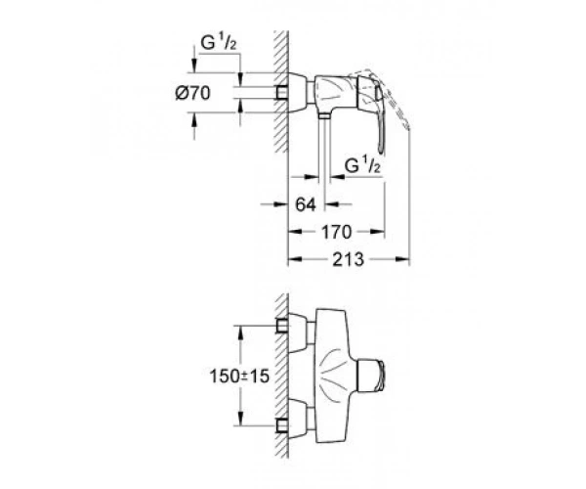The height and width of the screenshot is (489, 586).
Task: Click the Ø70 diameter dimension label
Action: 192,93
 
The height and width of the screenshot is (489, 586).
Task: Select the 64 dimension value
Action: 306,204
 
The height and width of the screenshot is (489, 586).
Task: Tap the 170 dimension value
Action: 337,232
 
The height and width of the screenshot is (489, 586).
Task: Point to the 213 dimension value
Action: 349,259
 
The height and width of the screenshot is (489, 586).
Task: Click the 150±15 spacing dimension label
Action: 239,376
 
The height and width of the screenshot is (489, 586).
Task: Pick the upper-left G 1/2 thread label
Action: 219,43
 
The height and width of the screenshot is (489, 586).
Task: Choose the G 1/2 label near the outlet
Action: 362,165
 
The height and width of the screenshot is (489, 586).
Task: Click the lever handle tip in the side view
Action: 381,150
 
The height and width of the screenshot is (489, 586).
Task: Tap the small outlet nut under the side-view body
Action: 324,116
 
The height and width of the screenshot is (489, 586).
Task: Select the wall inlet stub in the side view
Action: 282,93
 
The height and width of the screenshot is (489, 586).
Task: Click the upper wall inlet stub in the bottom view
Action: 282,326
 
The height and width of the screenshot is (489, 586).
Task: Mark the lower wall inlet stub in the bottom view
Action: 282,425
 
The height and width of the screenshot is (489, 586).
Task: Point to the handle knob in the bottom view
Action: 371,376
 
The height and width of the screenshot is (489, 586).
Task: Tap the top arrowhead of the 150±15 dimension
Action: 241,332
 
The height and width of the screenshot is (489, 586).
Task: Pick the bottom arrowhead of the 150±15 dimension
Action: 241,419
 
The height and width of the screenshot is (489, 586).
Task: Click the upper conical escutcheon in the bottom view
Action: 298,333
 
